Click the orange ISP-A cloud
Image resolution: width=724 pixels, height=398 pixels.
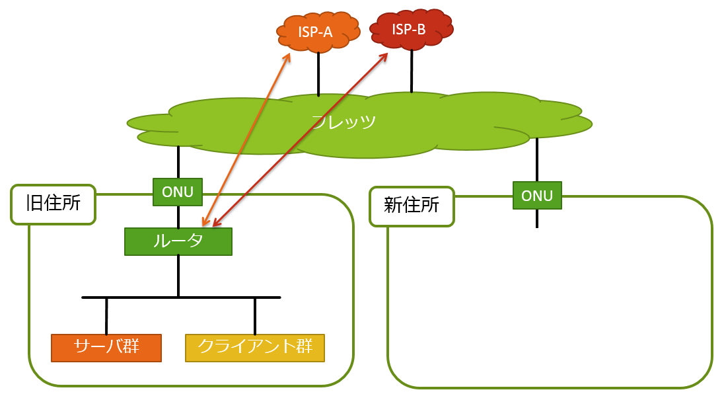[315, 31]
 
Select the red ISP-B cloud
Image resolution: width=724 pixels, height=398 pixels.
[410, 29]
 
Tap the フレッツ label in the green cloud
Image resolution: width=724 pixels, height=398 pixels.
[344, 122]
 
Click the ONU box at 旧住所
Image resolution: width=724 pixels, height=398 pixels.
[178, 192]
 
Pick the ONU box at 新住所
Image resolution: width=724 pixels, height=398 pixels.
[537, 196]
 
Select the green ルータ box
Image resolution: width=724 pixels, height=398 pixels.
[178, 241]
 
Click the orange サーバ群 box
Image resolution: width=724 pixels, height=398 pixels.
[106, 348]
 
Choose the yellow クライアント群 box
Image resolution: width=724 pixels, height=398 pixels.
[255, 348]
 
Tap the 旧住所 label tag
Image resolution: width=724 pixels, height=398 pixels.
[54, 204]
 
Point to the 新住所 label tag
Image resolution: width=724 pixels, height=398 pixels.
[412, 206]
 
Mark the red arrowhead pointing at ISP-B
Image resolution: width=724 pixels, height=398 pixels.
[384, 56]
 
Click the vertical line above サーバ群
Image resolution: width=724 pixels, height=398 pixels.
[106, 316]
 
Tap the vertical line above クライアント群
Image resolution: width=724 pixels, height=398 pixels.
[255, 316]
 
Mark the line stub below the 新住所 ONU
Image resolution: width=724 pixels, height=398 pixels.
[537, 218]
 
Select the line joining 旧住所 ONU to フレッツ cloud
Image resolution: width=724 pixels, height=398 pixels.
[178, 162]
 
